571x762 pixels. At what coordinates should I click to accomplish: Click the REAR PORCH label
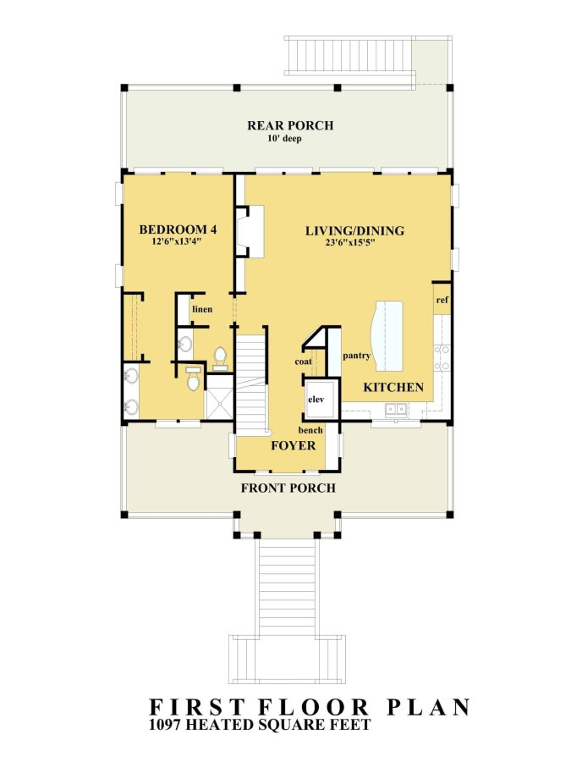(x=290, y=125)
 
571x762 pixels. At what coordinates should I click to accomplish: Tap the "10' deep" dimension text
(x=290, y=138)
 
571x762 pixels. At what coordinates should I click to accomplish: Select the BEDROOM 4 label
(x=176, y=229)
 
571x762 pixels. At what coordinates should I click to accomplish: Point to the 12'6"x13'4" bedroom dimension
(x=176, y=241)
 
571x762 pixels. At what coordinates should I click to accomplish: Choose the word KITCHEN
(x=393, y=387)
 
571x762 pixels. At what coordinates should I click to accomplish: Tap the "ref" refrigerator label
(x=442, y=300)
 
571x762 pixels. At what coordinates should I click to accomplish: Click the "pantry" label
(x=356, y=356)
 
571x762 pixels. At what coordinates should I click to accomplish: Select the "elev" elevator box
(x=316, y=399)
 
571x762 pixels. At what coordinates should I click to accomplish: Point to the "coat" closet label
(x=304, y=362)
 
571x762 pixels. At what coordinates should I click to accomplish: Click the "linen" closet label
(x=201, y=309)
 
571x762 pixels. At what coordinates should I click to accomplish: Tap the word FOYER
(x=293, y=445)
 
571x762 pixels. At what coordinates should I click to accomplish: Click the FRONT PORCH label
(x=288, y=488)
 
